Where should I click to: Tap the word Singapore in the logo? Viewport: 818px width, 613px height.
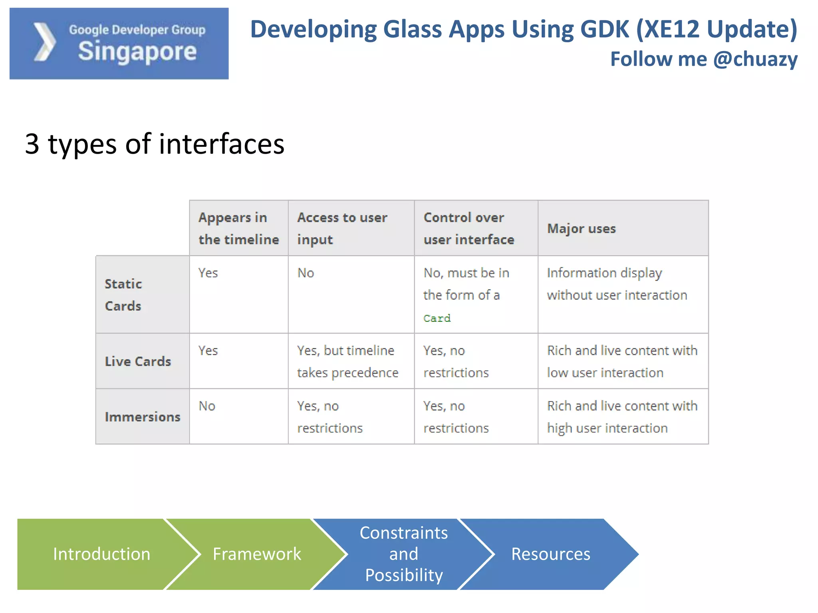[137, 52]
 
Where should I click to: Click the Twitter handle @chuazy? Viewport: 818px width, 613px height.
[755, 59]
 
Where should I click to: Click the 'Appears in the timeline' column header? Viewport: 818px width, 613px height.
[238, 228]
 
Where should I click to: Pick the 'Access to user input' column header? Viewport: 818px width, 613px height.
[342, 228]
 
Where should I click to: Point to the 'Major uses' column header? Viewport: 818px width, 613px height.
[581, 229]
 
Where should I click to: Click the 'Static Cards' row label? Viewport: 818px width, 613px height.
[123, 295]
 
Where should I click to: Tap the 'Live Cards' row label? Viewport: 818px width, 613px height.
[138, 361]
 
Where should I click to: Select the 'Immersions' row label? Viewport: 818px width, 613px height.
[142, 417]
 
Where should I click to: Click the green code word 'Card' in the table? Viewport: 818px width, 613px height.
[437, 318]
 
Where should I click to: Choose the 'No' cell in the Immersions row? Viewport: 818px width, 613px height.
[207, 406]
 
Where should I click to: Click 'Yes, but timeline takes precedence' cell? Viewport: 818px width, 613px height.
[347, 361]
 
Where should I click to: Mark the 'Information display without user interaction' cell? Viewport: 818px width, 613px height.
[616, 284]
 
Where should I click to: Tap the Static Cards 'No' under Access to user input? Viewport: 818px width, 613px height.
[306, 273]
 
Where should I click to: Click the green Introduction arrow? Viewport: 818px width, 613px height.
[101, 554]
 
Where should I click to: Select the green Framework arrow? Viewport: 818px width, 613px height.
[256, 554]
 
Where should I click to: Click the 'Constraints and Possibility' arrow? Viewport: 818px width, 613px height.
[403, 554]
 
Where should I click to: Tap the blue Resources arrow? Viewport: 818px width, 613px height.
[550, 554]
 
